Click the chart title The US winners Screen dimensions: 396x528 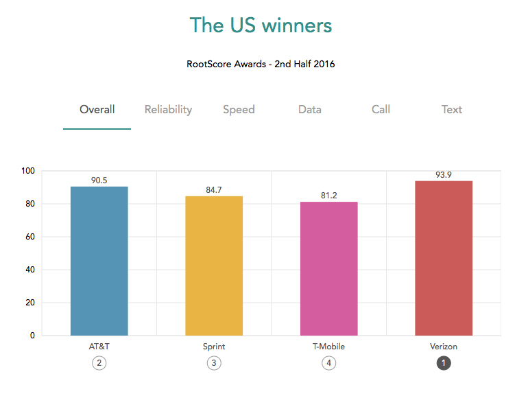click(x=261, y=25)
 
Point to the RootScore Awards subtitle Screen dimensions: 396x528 click(x=261, y=65)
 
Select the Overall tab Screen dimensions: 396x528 click(x=97, y=110)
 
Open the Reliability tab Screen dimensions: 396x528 click(x=168, y=110)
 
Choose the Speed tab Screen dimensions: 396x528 click(x=239, y=110)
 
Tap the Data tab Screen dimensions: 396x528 click(x=310, y=110)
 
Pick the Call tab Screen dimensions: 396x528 click(x=381, y=110)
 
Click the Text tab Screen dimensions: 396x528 click(x=452, y=110)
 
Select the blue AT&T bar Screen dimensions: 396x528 click(x=99, y=261)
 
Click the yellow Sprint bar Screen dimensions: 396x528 click(x=214, y=266)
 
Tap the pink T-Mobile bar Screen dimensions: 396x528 click(x=328, y=268)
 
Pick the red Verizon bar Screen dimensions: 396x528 click(x=444, y=258)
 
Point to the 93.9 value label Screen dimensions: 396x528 click(x=444, y=175)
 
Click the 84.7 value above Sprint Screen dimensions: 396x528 click(x=214, y=190)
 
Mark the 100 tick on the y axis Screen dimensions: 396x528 click(x=29, y=171)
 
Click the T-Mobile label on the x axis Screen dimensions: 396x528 click(x=328, y=347)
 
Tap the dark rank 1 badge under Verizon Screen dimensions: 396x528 click(x=444, y=363)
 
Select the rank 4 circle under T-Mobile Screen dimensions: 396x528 click(x=328, y=363)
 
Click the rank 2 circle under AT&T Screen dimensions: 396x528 click(x=99, y=363)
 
